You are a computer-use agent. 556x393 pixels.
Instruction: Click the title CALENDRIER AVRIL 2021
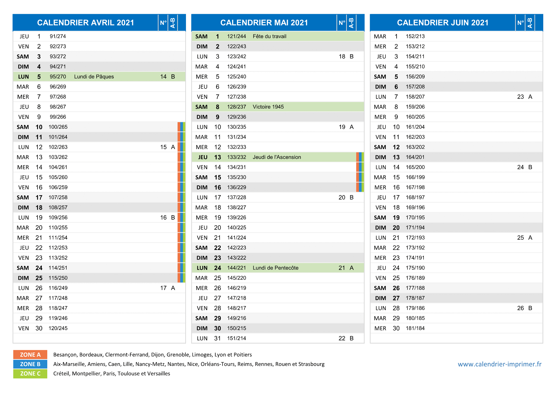coord(86,23)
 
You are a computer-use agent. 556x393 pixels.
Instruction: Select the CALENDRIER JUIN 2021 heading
coord(443,23)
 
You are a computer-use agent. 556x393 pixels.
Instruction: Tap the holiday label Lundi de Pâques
coord(94,77)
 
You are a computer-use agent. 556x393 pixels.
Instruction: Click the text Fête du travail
coord(269,36)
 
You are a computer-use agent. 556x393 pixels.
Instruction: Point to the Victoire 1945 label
coord(268,107)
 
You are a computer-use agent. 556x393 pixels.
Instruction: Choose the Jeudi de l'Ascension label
coord(277,157)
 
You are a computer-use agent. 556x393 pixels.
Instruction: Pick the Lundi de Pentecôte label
coord(275,268)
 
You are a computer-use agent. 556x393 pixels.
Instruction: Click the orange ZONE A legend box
coord(30,354)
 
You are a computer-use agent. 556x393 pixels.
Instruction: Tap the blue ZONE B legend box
coord(30,364)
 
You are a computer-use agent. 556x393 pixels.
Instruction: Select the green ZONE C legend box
coord(30,373)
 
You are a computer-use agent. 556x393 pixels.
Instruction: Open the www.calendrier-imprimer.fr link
coord(500,364)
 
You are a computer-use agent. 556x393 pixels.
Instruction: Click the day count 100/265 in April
coord(58,127)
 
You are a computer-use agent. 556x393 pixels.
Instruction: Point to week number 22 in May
coord(342,338)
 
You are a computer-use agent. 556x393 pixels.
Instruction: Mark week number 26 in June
coord(520,308)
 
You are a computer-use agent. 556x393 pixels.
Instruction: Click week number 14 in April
coord(163,77)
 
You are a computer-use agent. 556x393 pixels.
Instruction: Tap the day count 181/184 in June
coord(415,328)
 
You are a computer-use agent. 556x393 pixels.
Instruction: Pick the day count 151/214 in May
coord(236,338)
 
